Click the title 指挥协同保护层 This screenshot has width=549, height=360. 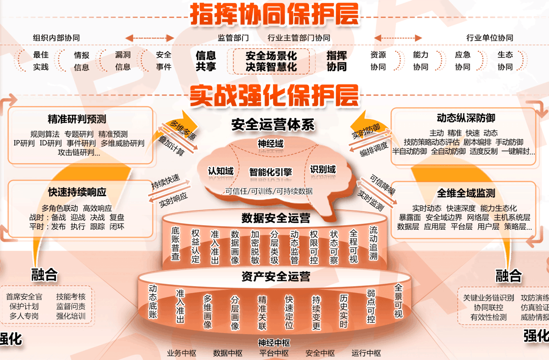[x=274, y=14]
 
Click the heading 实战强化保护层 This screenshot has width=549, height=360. [x=274, y=95]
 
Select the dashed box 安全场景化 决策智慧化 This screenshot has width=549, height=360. [x=271, y=61]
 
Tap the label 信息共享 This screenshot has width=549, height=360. [x=206, y=61]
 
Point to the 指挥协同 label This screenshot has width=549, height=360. [x=337, y=61]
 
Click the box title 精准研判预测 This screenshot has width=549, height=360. [x=77, y=119]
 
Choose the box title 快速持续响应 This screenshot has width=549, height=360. [x=77, y=192]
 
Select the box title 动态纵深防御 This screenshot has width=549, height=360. [x=466, y=118]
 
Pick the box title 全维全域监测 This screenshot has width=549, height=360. [x=466, y=193]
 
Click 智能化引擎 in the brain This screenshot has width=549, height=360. [x=270, y=172]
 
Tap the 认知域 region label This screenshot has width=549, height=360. [x=221, y=171]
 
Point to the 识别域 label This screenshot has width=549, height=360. [x=323, y=169]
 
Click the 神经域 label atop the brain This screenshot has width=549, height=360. [x=270, y=144]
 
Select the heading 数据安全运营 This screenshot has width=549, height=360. [x=276, y=219]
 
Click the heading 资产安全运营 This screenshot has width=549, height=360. [x=276, y=277]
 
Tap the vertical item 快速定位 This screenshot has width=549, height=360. [x=289, y=312]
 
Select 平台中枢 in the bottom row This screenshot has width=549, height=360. [x=274, y=353]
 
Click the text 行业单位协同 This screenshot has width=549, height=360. [x=490, y=38]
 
